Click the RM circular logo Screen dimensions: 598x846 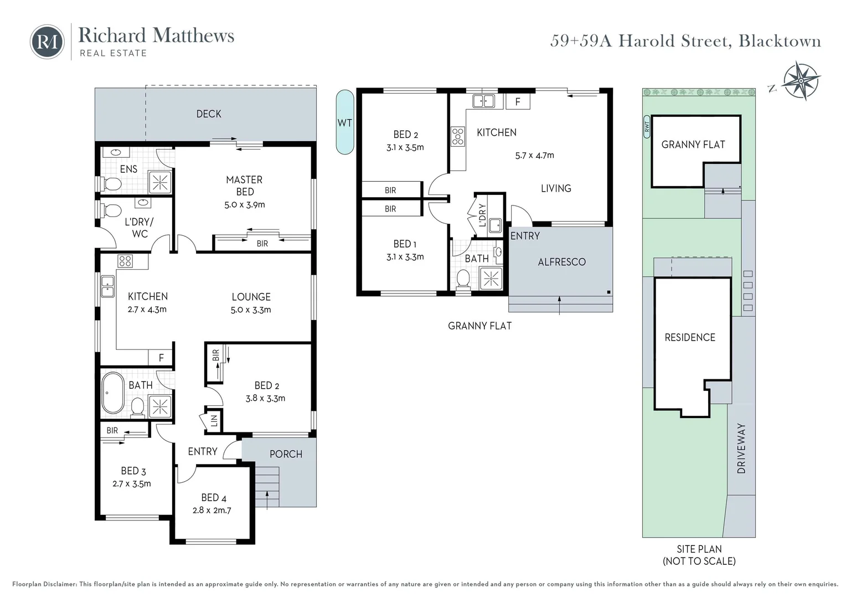[x=47, y=42]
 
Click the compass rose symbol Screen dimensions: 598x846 [x=801, y=81]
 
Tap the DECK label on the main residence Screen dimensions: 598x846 [x=209, y=114]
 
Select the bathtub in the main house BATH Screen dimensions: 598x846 [x=114, y=393]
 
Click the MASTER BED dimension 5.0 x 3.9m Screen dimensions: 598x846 [x=245, y=205]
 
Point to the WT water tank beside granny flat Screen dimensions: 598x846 [x=345, y=122]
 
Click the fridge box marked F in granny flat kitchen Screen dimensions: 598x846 [x=518, y=102]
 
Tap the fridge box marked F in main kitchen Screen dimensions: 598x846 [x=161, y=358]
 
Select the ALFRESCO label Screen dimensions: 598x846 [x=561, y=262]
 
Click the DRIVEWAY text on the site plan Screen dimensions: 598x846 [x=741, y=448]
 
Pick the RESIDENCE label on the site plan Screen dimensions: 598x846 [x=690, y=337]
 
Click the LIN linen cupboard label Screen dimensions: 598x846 [x=214, y=421]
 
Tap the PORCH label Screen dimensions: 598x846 [x=286, y=454]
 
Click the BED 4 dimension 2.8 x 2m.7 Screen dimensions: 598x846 [x=211, y=511]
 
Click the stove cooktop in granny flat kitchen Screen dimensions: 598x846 [x=458, y=136]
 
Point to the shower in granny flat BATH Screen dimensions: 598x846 [x=491, y=278]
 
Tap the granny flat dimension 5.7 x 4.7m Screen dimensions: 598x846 [x=534, y=156]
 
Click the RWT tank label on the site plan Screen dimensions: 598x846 [x=646, y=127]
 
